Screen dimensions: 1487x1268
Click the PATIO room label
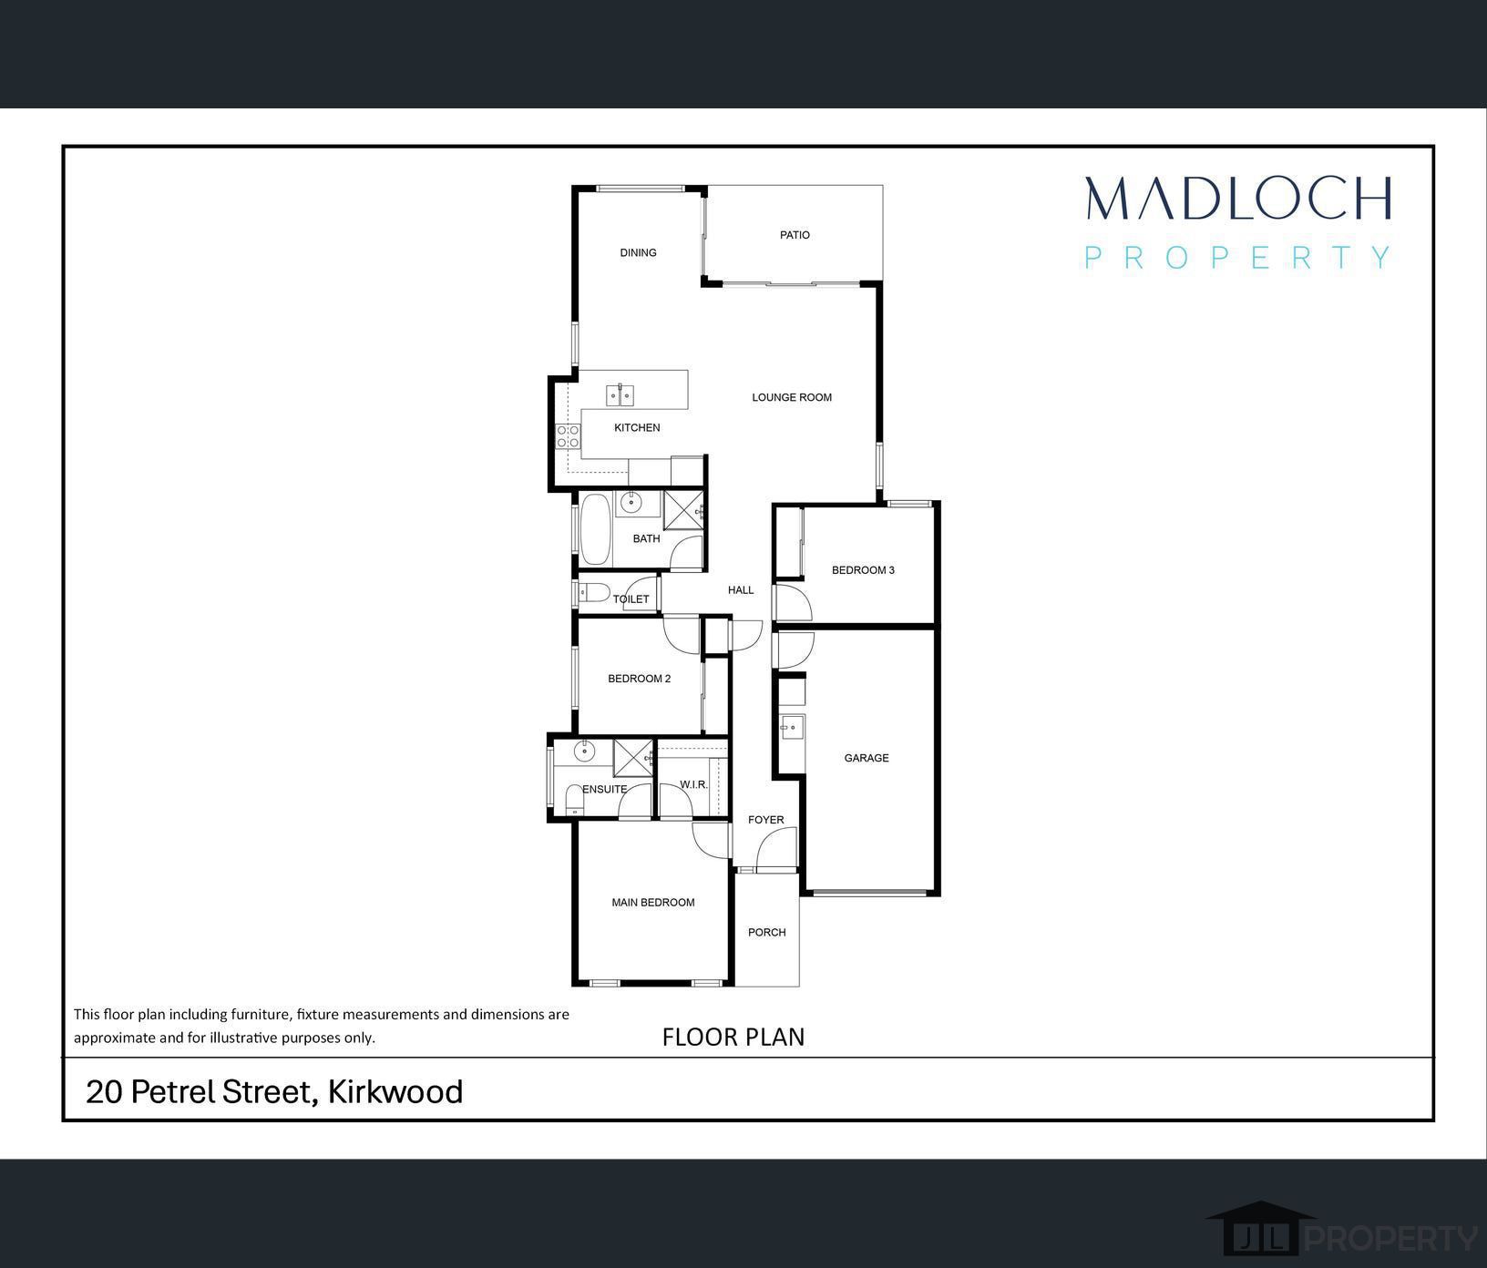coord(795,235)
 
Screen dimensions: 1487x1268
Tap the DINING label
coord(638,253)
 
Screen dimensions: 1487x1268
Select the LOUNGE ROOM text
coord(792,397)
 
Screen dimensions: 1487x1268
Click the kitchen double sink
coord(620,395)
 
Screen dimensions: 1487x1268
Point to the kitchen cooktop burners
coord(569,437)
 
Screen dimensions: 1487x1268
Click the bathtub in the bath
coord(597,530)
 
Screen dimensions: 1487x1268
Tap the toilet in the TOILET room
coord(595,593)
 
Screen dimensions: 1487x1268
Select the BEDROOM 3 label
coord(863,570)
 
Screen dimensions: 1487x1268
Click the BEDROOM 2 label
coord(640,679)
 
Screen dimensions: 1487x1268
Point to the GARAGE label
coord(867,758)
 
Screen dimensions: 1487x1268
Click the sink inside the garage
coord(791,727)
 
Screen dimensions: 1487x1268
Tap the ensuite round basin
coord(583,752)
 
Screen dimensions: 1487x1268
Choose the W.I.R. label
coord(694,784)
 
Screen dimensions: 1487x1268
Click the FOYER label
coord(766,820)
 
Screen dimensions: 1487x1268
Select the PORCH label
coord(767,932)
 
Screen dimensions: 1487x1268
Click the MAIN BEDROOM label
coord(653,903)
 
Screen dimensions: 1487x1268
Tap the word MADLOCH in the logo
coord(1238,198)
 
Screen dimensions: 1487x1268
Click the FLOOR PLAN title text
coord(733,1037)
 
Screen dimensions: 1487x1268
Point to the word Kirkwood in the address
coord(395,1091)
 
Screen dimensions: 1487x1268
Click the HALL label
coord(741,590)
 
